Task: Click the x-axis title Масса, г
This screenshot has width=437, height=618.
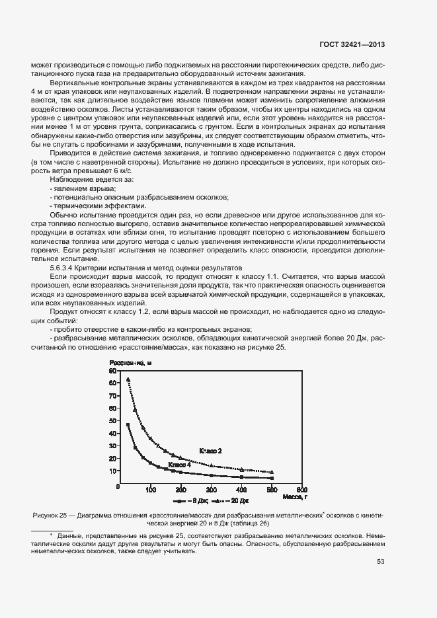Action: tap(294, 495)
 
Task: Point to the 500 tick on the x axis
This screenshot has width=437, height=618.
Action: tap(272, 488)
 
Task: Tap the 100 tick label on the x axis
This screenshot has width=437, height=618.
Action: tap(150, 488)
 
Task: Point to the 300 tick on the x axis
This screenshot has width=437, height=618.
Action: tap(211, 488)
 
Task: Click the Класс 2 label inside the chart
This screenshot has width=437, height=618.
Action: tap(210, 451)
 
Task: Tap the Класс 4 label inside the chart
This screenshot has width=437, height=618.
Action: tap(179, 465)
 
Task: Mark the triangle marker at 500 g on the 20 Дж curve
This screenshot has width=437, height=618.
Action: tap(272, 471)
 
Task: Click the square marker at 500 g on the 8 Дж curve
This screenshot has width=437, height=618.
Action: tap(272, 478)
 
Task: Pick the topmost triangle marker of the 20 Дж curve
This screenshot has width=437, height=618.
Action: tap(128, 379)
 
